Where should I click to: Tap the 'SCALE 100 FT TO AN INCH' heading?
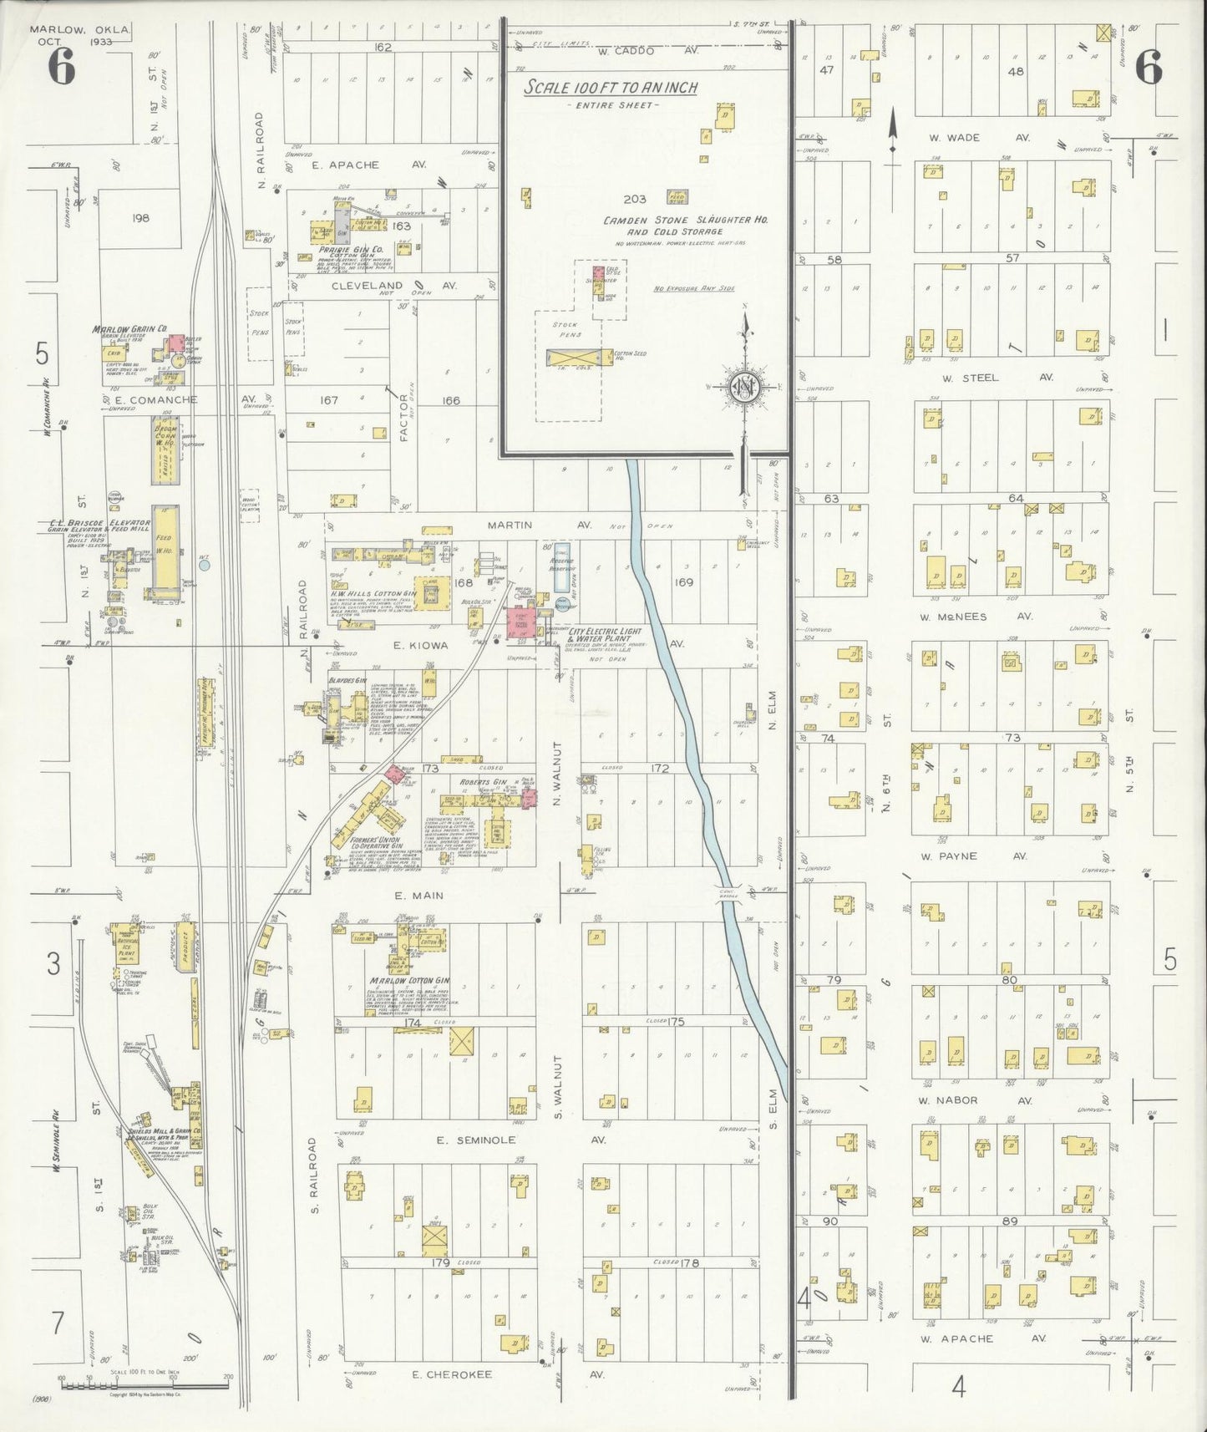[x=611, y=88]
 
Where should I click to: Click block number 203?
[x=635, y=199]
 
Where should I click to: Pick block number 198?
[x=139, y=218]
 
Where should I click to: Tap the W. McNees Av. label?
[x=975, y=617]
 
